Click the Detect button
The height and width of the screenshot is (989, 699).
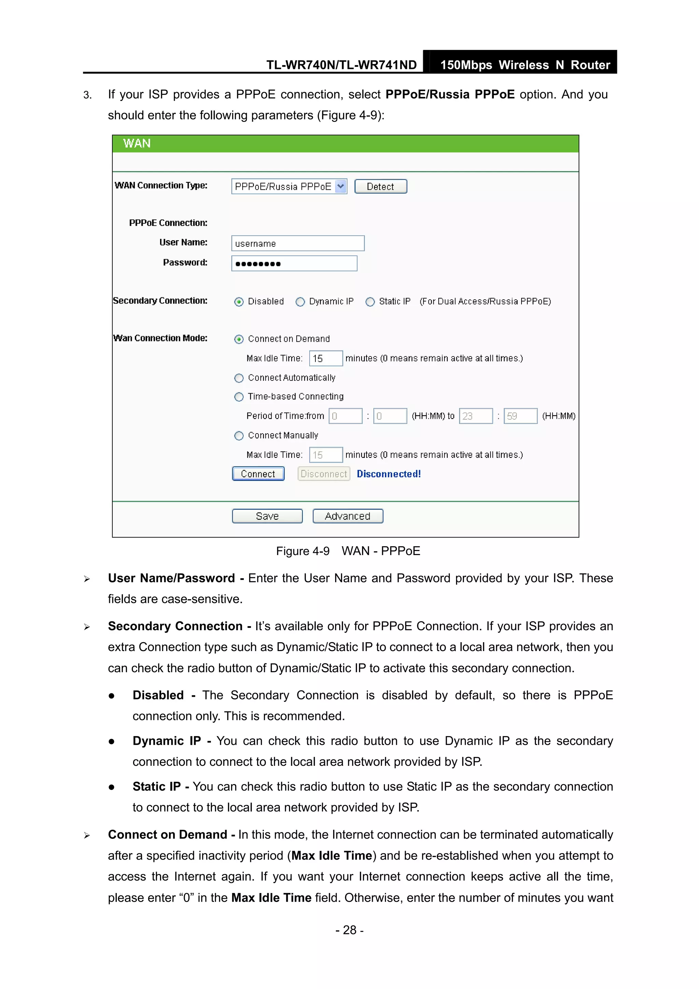click(x=380, y=186)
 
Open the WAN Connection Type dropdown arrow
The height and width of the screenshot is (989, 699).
click(x=341, y=186)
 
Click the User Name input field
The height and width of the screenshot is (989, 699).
click(x=298, y=243)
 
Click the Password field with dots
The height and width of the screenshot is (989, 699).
click(x=294, y=264)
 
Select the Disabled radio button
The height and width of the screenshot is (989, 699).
click(x=239, y=302)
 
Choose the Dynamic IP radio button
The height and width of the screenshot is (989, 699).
click(x=300, y=302)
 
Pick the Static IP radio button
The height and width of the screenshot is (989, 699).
click(x=370, y=302)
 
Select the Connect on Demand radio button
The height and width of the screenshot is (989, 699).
click(x=239, y=339)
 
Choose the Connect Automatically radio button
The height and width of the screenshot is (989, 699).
click(x=239, y=378)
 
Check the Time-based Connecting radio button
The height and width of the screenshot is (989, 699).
click(x=239, y=397)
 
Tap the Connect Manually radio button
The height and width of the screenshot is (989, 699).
click(x=239, y=436)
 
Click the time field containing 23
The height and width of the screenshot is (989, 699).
click(x=475, y=416)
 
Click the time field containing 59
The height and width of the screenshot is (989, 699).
click(x=520, y=416)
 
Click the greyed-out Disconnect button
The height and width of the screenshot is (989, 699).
click(x=324, y=474)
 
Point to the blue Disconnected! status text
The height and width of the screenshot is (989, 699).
click(x=388, y=474)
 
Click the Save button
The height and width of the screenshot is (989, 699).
click(x=267, y=516)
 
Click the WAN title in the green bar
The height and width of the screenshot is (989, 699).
click(x=137, y=143)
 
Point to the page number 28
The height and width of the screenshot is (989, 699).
click(x=349, y=930)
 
